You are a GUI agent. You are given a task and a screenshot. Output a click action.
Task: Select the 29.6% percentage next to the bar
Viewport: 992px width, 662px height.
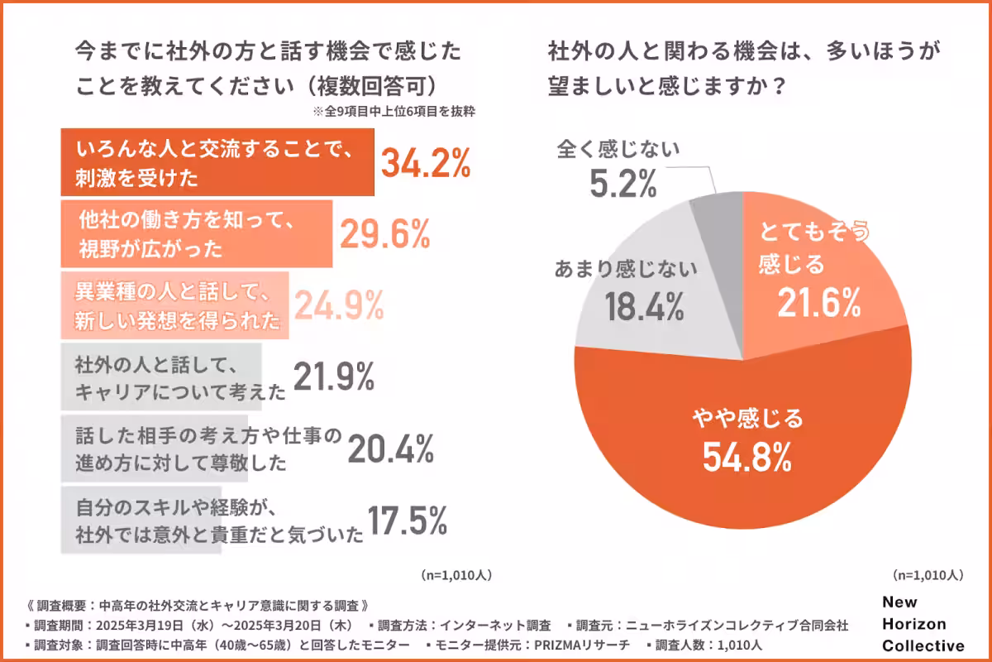[384, 235]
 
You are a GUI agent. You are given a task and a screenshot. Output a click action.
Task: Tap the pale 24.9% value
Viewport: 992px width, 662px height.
[340, 306]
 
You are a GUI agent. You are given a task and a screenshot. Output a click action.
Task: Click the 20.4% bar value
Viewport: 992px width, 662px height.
[390, 449]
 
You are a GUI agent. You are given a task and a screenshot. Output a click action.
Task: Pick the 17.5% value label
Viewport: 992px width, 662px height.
[407, 520]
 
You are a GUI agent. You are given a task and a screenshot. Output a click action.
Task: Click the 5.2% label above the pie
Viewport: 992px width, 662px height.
[623, 184]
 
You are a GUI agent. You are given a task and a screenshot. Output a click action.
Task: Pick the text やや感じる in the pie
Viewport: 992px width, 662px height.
[746, 420]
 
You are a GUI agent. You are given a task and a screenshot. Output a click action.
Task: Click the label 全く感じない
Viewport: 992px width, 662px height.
[618, 150]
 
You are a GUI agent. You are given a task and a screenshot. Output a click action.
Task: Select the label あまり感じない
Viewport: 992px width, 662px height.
[626, 270]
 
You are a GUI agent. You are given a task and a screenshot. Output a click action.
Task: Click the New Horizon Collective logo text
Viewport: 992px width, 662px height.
[923, 624]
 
